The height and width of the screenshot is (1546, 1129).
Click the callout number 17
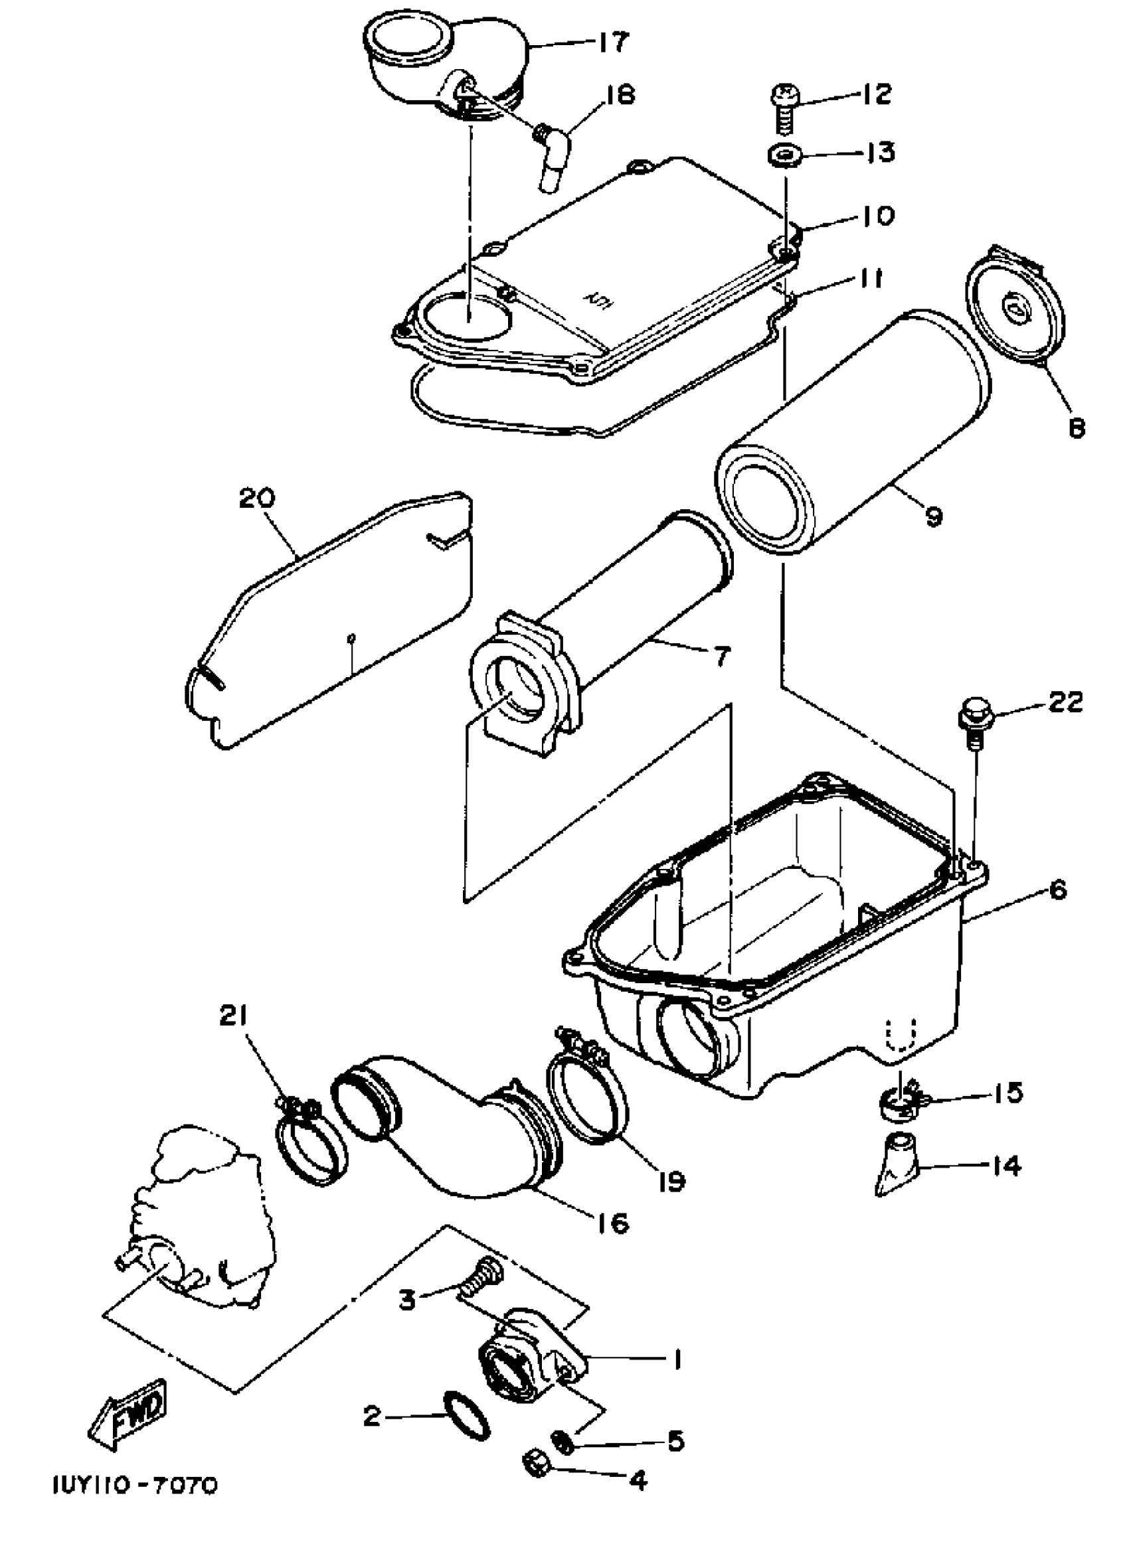point(613,42)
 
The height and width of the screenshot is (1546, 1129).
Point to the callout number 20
point(257,497)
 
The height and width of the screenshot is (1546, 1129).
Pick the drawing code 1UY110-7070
point(135,1486)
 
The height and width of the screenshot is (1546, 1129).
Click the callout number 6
point(1057,891)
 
